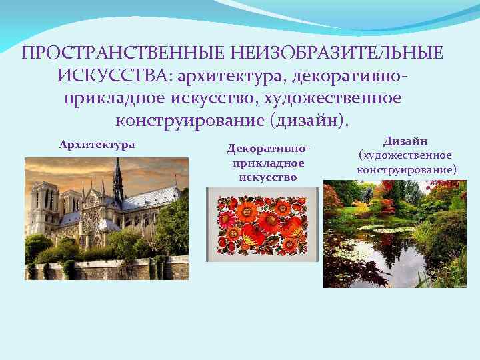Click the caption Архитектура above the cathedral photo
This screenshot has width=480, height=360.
point(97,144)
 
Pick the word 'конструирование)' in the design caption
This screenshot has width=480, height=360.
point(407,169)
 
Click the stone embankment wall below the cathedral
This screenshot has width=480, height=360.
point(100,270)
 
